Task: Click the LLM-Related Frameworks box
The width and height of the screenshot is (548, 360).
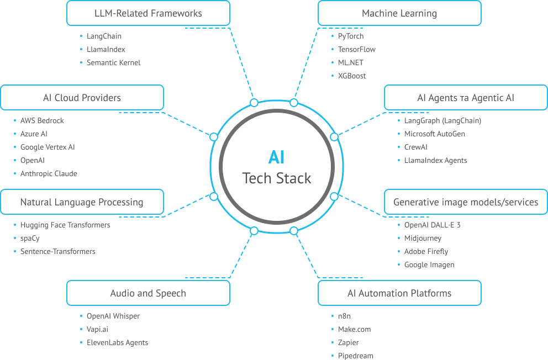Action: click(148, 13)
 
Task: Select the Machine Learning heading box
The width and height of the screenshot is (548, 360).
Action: click(399, 13)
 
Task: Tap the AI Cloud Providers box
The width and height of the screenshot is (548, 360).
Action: click(82, 98)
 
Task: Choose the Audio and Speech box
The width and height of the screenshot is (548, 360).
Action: click(148, 293)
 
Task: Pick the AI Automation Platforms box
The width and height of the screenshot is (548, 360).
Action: click(399, 293)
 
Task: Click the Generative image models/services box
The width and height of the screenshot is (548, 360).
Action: click(465, 202)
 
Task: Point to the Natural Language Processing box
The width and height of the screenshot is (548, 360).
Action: click(82, 202)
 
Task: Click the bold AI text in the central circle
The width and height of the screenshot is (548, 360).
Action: click(276, 157)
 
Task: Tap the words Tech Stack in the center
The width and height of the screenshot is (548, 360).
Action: click(277, 178)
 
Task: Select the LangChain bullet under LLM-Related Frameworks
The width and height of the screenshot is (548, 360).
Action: click(104, 36)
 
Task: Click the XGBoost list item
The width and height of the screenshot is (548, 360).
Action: click(352, 76)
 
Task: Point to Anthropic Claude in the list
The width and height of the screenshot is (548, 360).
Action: click(49, 174)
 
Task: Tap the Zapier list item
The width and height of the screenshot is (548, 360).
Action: click(348, 343)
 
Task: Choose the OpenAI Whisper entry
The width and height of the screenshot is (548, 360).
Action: click(113, 316)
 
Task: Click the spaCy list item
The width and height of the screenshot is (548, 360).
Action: click(30, 239)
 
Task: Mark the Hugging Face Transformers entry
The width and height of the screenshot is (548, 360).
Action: click(65, 225)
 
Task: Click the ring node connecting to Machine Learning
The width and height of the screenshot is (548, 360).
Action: click(294, 103)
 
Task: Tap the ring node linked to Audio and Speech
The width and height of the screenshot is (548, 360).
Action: click(254, 231)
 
